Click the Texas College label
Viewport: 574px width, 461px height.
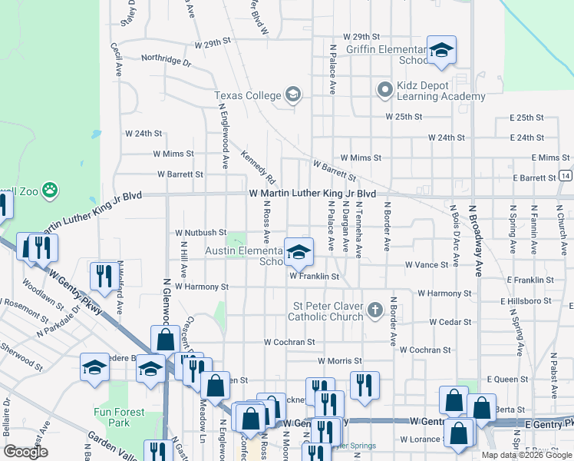(247, 95)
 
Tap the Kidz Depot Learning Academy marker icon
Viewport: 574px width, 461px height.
(384, 90)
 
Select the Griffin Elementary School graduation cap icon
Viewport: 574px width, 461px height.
(441, 51)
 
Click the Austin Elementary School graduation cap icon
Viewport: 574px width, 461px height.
(299, 251)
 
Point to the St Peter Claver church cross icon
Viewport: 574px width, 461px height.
(374, 310)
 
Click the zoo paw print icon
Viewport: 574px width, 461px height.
(51, 189)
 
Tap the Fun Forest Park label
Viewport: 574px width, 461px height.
(119, 417)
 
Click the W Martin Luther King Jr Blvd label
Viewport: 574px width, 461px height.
(312, 194)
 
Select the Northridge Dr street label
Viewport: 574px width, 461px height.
(166, 59)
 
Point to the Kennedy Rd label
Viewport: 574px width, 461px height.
(259, 163)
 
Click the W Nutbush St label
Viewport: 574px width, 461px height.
(201, 232)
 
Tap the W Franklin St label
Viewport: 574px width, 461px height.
(314, 276)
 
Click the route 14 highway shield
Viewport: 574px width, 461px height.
(565, 176)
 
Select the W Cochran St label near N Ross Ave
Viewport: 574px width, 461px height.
(289, 342)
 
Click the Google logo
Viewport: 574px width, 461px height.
(25, 452)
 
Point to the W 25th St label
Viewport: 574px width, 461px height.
(404, 117)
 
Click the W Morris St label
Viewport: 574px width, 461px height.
(338, 360)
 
